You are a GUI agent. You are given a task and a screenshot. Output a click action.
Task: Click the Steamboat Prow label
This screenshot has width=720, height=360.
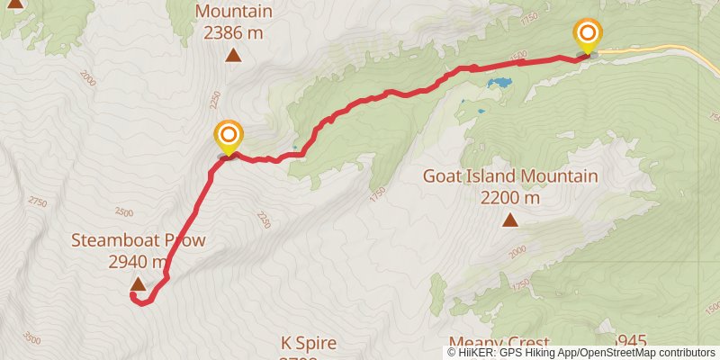pyautogui.click(x=139, y=241)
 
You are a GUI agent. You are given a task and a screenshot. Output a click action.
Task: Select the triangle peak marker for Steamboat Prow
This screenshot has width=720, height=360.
pyautogui.click(x=138, y=284)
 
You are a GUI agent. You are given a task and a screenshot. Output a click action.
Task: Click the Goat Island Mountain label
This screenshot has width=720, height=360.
pyautogui.click(x=510, y=176)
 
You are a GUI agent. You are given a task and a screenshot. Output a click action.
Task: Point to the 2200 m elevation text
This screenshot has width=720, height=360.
pyautogui.click(x=510, y=197)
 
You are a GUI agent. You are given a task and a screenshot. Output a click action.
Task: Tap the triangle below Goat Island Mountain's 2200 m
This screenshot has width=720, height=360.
pyautogui.click(x=510, y=220)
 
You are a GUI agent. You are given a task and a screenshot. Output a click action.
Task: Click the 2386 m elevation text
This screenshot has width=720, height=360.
pyautogui.click(x=233, y=33)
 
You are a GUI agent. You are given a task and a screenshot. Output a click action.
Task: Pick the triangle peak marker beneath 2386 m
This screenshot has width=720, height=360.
pyautogui.click(x=233, y=56)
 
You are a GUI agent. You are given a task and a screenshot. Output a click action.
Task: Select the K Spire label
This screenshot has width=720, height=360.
pyautogui.click(x=309, y=343)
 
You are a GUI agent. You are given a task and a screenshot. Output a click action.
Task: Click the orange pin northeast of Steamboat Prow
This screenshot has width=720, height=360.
pyautogui.click(x=229, y=138)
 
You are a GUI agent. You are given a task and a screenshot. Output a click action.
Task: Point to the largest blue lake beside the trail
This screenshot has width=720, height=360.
pyautogui.click(x=498, y=84)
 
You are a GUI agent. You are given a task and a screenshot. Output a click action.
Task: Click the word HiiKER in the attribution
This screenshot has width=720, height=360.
pyautogui.click(x=475, y=353)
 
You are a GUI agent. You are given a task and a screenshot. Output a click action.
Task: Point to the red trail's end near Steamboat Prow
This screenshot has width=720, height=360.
pyautogui.click(x=133, y=296)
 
